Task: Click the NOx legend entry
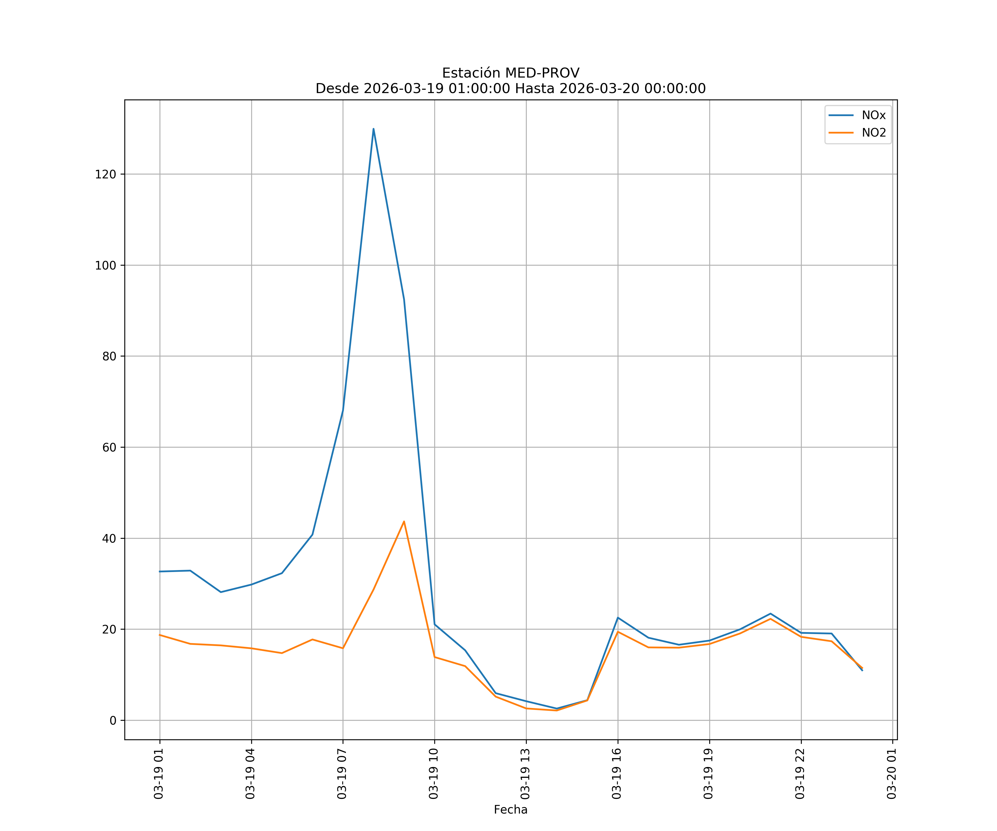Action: tap(873, 116)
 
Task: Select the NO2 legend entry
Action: tap(873, 133)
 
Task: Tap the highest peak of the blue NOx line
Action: tap(374, 129)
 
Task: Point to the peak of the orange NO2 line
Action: tap(404, 521)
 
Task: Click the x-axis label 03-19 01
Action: tap(159, 774)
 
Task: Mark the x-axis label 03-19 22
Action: tap(800, 774)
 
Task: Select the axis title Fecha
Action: tap(510, 810)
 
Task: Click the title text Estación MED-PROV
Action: tap(510, 73)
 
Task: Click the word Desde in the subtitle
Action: tap(337, 89)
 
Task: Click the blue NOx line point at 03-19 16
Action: tap(618, 617)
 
